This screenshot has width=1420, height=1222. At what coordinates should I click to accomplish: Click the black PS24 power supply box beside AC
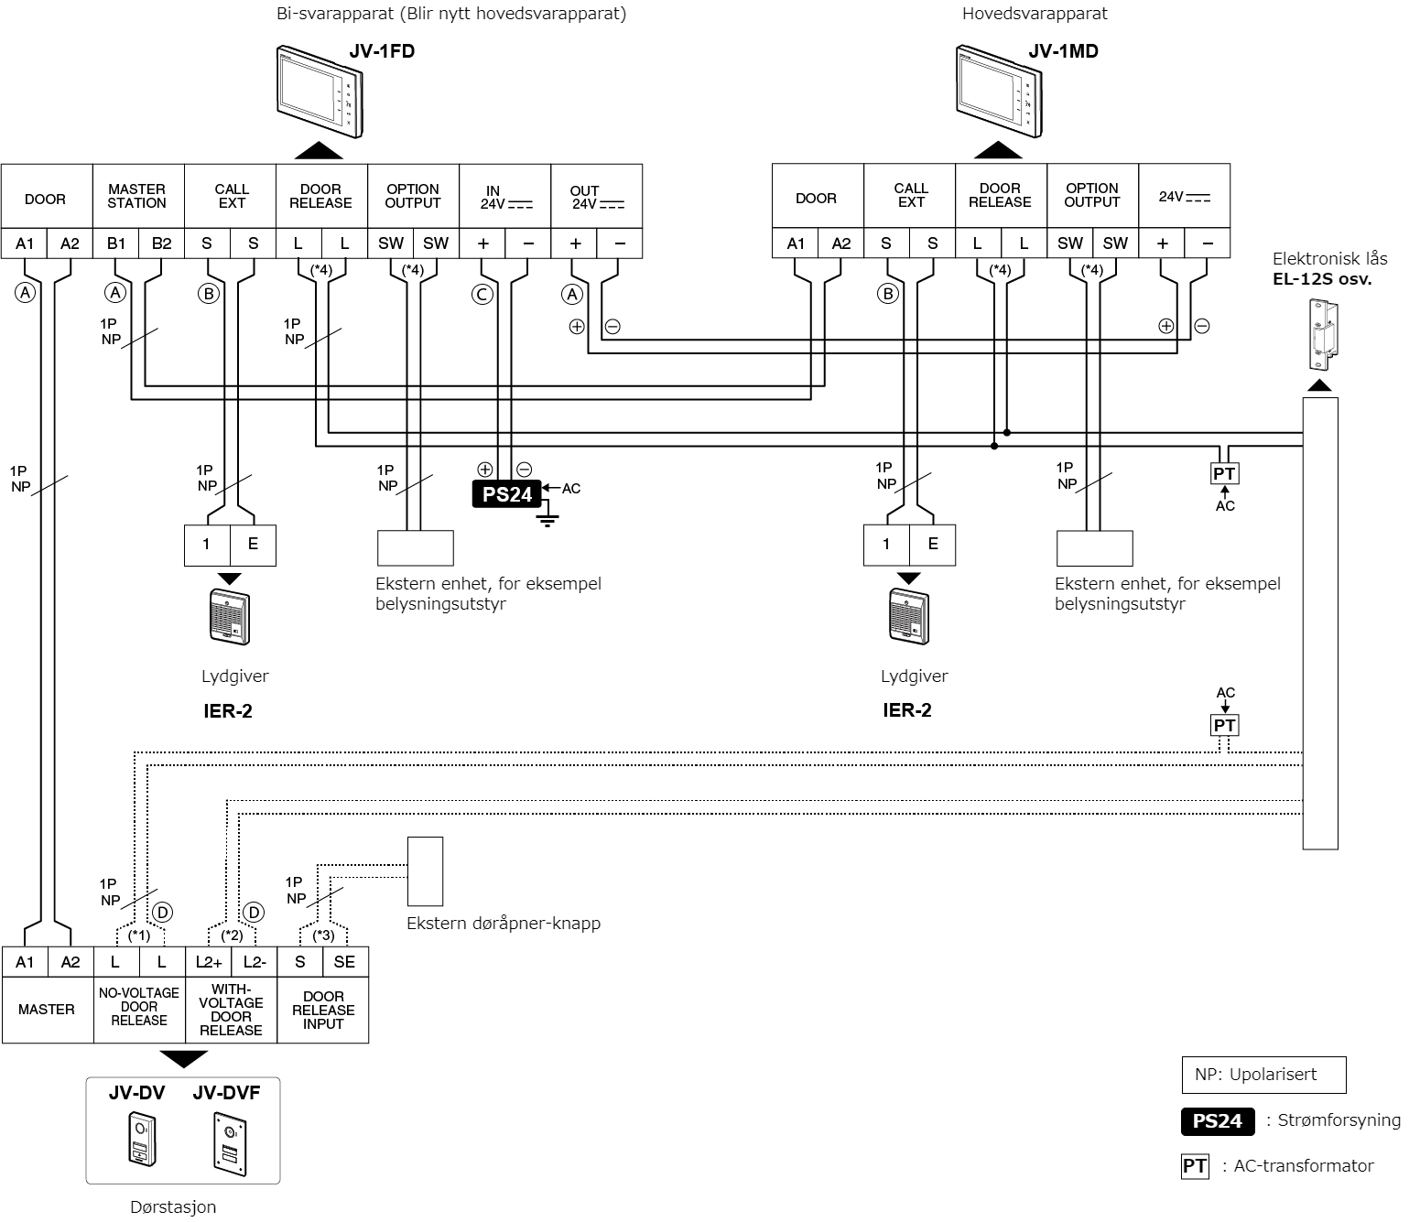pyautogui.click(x=507, y=494)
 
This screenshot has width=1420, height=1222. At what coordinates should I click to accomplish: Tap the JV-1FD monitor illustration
pyautogui.click(x=320, y=92)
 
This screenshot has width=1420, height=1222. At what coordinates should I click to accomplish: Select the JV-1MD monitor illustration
pyautogui.click(x=1000, y=92)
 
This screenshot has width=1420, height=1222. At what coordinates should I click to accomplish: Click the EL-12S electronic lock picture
pyautogui.click(x=1323, y=334)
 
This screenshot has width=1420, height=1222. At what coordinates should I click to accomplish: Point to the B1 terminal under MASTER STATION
pyautogui.click(x=116, y=243)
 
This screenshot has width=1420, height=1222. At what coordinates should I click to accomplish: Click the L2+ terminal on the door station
pyautogui.click(x=209, y=962)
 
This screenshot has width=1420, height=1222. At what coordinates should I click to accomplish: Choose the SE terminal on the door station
pyautogui.click(x=345, y=962)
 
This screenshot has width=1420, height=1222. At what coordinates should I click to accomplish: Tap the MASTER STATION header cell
pyautogui.click(x=137, y=196)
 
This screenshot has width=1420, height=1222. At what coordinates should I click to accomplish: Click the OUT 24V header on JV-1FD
pyautogui.click(x=596, y=197)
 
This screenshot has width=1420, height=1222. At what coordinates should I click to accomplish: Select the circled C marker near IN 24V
pyautogui.click(x=482, y=295)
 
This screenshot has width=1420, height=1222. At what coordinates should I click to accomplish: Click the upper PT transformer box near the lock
pyautogui.click(x=1224, y=473)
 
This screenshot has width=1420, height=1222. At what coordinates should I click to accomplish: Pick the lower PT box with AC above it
pyautogui.click(x=1224, y=725)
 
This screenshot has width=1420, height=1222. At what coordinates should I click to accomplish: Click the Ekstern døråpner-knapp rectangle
pyautogui.click(x=425, y=871)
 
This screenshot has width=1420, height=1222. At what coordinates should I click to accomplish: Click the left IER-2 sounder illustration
pyautogui.click(x=230, y=617)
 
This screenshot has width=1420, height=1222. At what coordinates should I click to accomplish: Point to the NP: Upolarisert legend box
pyautogui.click(x=1264, y=1075)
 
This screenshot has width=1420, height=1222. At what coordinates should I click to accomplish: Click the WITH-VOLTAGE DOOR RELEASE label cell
pyautogui.click(x=231, y=1009)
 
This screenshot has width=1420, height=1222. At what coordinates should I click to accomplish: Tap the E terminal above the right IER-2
pyautogui.click(x=932, y=544)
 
